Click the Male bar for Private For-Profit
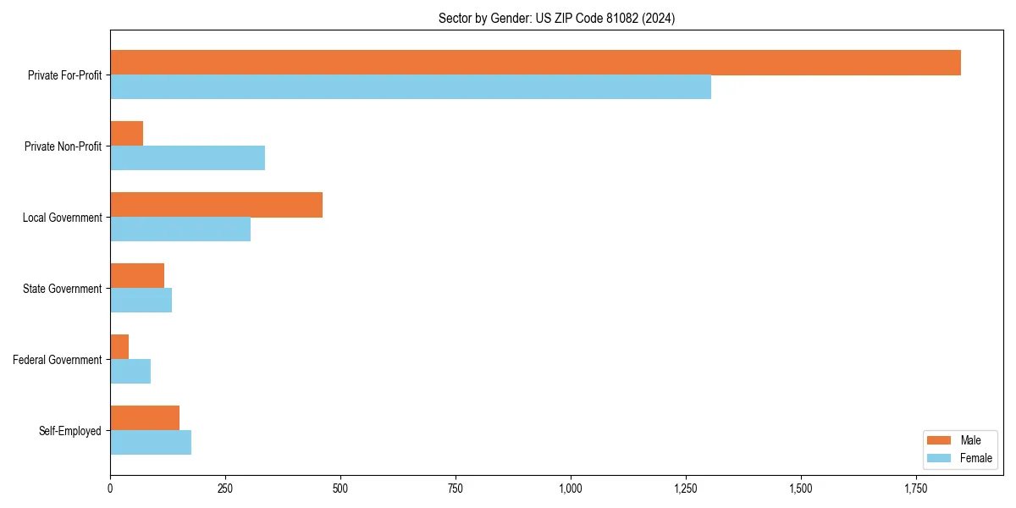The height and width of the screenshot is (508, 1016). [x=535, y=63]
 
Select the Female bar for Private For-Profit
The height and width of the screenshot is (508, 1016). [x=411, y=87]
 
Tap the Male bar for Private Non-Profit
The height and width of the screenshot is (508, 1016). [x=127, y=134]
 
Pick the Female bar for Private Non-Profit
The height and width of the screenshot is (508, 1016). [x=187, y=158]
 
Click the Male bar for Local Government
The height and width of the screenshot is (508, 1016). [x=216, y=205]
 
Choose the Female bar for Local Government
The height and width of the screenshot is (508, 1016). [x=180, y=229]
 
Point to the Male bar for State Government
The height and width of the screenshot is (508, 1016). [x=137, y=276]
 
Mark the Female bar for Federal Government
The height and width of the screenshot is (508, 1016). [x=130, y=372]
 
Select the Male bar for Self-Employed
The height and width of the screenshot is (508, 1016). [x=145, y=418]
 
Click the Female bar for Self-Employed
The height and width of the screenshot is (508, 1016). [x=151, y=443]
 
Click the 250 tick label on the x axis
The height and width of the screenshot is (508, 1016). [x=225, y=489]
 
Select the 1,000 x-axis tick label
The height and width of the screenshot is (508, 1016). [x=571, y=489]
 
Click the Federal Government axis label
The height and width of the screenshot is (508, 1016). [x=58, y=360]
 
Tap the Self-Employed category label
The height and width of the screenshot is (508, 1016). [x=70, y=431]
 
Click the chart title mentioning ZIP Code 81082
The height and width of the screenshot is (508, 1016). [x=556, y=18]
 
